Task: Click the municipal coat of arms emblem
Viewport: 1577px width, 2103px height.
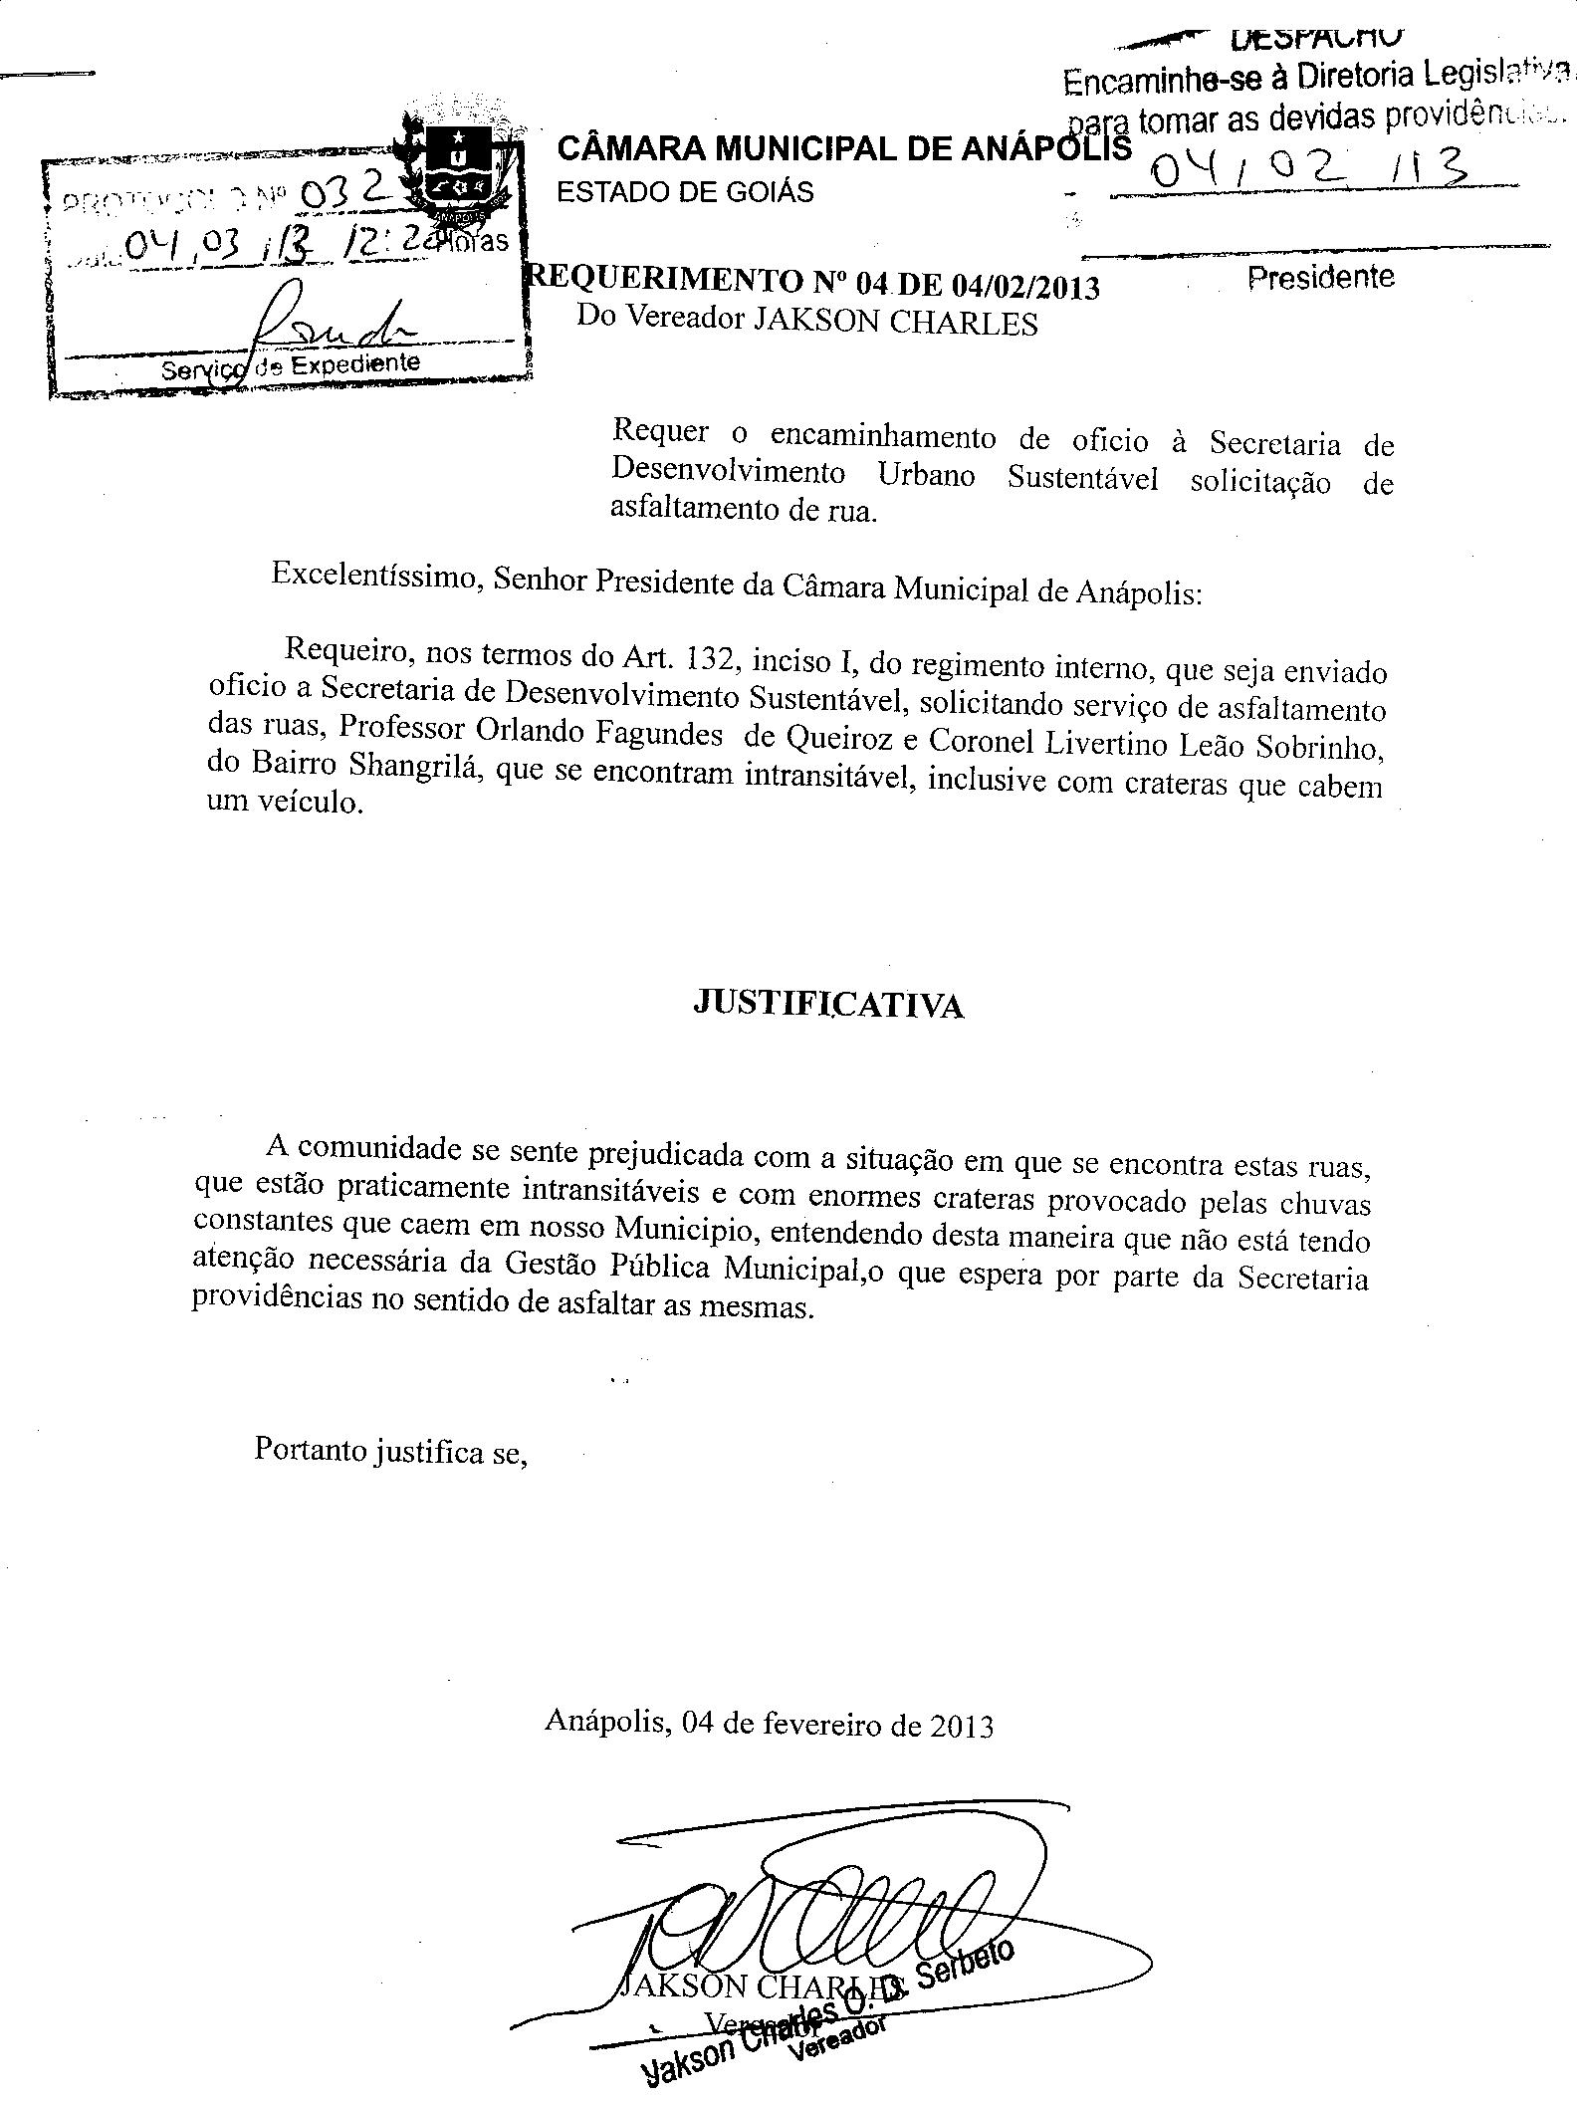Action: tap(461, 169)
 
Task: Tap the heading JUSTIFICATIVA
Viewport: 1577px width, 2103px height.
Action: tap(827, 1005)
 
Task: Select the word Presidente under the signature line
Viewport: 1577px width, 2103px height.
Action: tap(1320, 277)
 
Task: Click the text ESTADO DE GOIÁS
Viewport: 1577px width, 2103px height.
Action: tap(685, 191)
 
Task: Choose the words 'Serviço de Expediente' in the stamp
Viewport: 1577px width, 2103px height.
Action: tap(291, 365)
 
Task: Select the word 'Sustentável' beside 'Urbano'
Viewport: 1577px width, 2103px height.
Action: tap(1082, 478)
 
